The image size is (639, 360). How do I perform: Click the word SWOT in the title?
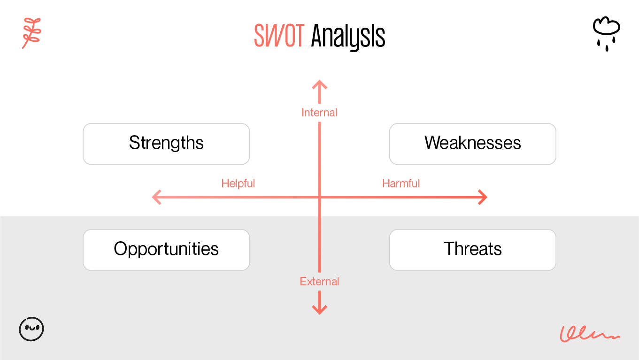point(279,36)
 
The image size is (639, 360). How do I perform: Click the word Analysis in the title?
point(348,36)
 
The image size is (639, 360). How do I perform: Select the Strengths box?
point(166,144)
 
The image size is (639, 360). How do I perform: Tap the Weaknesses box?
point(472,144)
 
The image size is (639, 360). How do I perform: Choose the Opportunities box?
point(166,250)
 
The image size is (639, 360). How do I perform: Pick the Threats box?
point(472,250)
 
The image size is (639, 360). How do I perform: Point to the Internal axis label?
point(319,113)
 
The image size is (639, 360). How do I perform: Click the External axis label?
point(319,282)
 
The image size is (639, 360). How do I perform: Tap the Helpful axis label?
point(238,184)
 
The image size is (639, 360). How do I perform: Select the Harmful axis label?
point(401,184)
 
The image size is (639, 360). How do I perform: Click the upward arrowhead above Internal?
point(319,84)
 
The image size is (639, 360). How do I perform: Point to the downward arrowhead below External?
point(319,310)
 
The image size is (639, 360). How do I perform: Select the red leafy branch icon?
point(31,33)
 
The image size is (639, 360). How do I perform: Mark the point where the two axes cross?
point(319,197)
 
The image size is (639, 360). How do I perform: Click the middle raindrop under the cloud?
point(607,48)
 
